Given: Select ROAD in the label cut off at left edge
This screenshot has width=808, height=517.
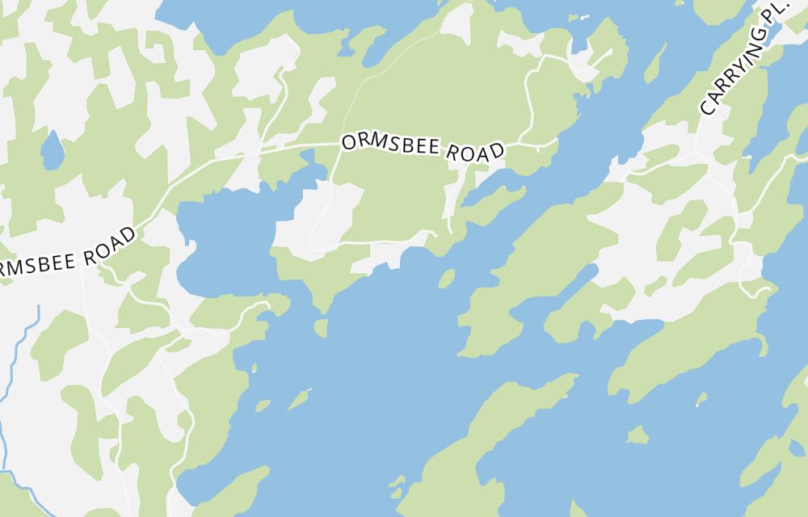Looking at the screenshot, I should click(107, 247).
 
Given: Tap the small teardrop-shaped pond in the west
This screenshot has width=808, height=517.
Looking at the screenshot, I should click(52, 151).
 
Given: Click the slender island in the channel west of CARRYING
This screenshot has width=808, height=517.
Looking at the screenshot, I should click(655, 62).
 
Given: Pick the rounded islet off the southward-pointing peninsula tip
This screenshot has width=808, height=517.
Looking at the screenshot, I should click(321, 328).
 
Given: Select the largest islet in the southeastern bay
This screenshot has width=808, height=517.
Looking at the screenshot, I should click(638, 435).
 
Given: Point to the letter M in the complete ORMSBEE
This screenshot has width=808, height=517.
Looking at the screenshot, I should click(376, 144).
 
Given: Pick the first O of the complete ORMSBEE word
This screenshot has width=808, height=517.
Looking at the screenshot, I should click(348, 143).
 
